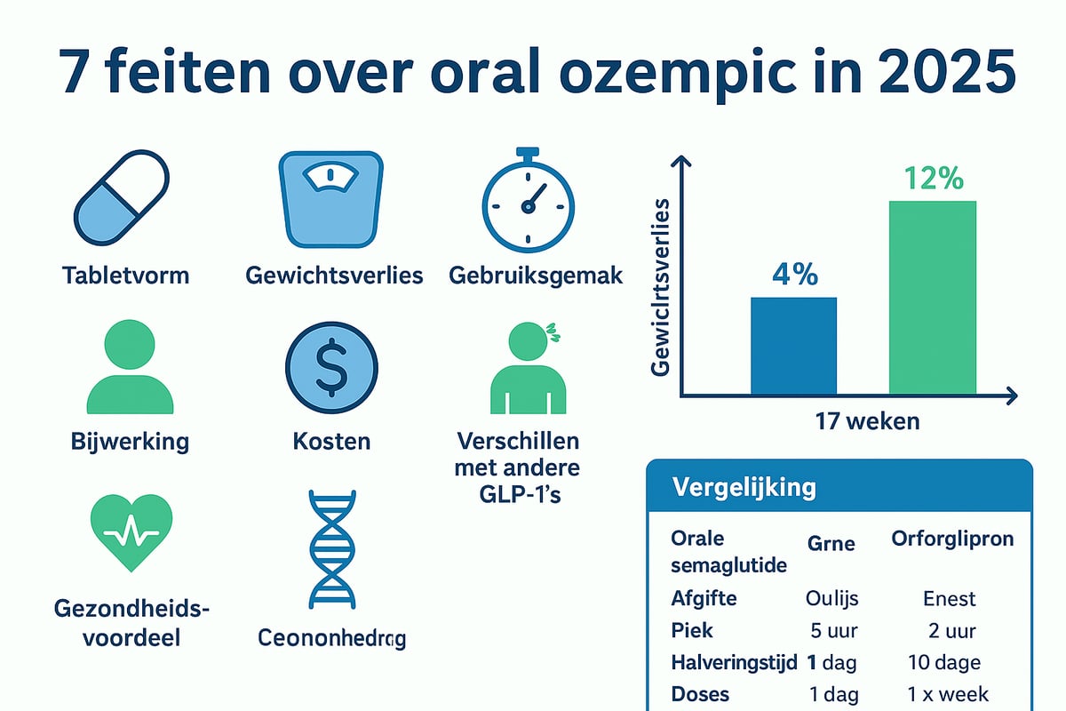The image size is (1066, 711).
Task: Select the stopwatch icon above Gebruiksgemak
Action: (528, 200)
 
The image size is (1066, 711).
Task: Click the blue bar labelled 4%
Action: (793, 346)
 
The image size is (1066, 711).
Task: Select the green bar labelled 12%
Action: (932, 298)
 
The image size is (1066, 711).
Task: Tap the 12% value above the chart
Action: (933, 179)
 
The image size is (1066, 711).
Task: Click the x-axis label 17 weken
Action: (867, 420)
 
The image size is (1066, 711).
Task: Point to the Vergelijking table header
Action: (744, 487)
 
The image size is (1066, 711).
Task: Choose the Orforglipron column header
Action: (951, 539)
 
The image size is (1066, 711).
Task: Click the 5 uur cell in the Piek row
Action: (833, 630)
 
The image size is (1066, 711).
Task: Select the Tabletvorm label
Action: (125, 275)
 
